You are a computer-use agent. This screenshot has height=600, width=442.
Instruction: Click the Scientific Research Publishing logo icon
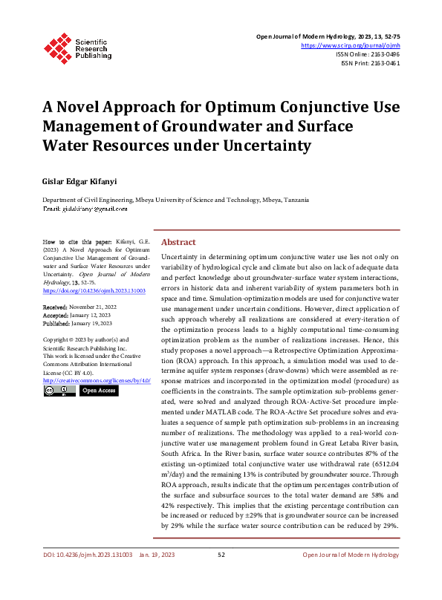tap(56, 47)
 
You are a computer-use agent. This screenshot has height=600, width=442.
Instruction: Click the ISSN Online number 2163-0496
tap(383, 54)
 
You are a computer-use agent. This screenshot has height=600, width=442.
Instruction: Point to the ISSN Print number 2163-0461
tap(383, 64)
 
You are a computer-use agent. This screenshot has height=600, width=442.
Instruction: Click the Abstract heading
tap(178, 242)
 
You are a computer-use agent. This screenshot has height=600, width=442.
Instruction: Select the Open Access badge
tap(98, 390)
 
